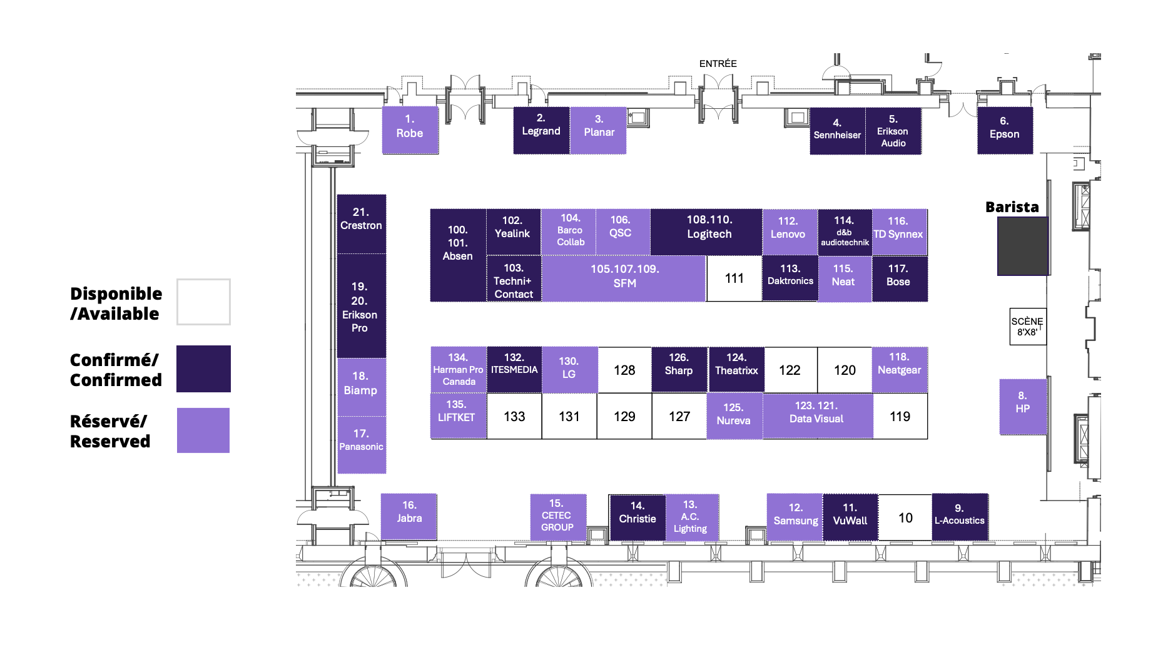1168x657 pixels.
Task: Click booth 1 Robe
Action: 410,130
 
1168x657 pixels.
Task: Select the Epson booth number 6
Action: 1005,130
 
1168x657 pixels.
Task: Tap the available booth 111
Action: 734,278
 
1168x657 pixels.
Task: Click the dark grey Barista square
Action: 1023,246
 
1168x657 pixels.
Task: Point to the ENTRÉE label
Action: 718,64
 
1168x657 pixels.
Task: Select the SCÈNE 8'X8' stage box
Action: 1027,326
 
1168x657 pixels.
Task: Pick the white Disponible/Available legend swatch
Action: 203,302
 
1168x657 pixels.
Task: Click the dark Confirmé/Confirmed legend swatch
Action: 203,369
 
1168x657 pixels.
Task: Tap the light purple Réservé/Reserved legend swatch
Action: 203,430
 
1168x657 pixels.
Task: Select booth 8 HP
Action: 1023,407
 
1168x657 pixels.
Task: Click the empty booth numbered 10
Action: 905,517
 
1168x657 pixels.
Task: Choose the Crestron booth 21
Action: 361,224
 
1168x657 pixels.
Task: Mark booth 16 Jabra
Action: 409,516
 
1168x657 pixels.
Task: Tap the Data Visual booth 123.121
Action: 817,416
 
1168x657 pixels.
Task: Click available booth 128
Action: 624,370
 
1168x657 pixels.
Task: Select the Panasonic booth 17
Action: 362,445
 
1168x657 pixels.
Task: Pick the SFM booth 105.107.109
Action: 624,278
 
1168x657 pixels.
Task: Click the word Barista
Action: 1012,207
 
